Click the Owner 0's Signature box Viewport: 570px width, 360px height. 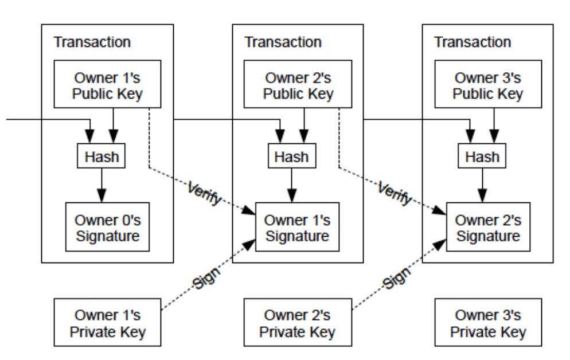tap(107, 227)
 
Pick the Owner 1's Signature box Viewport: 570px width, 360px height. tap(298, 227)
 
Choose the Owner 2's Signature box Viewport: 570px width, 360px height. tap(488, 227)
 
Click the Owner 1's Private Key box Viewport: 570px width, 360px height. tap(107, 324)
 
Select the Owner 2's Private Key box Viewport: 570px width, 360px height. tap(298, 324)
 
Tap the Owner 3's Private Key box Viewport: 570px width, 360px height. tap(488, 324)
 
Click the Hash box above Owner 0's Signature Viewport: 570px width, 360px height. tap(102, 155)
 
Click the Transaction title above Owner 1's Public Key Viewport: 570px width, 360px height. tap(92, 42)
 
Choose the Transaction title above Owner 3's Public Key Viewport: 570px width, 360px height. tap(473, 42)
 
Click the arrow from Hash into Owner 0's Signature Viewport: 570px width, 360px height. tap(102, 185)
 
